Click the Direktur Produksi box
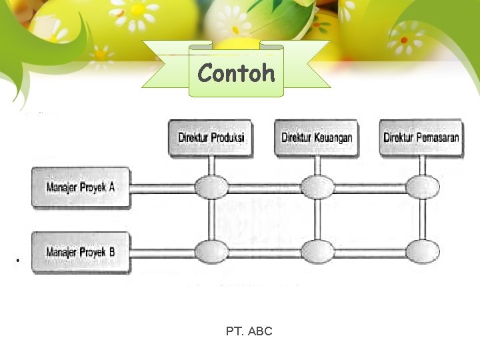click(211, 138)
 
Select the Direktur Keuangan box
click(317, 138)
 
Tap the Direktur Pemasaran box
click(421, 138)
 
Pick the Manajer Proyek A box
click(81, 187)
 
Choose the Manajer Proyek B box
click(81, 252)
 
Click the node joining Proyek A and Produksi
click(211, 187)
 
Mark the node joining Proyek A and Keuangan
click(317, 187)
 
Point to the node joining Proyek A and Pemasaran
click(423, 187)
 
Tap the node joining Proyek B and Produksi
click(211, 251)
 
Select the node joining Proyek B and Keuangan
click(317, 251)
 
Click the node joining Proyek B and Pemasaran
click(423, 251)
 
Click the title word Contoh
click(237, 73)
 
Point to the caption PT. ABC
click(249, 331)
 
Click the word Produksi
click(227, 138)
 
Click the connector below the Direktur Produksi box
click(211, 166)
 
